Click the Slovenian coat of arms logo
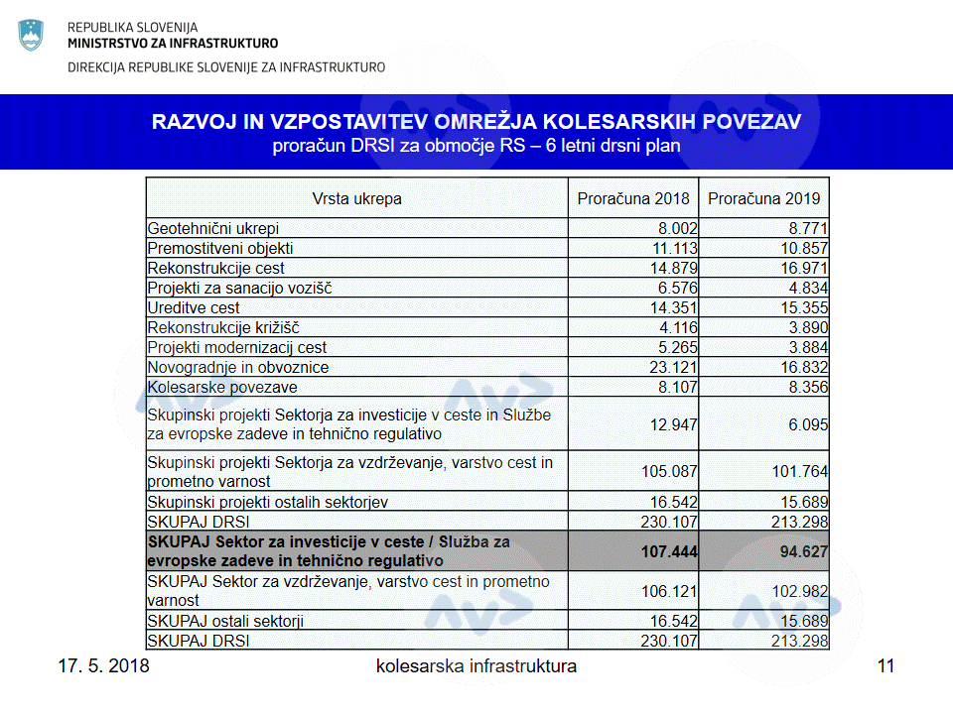32,36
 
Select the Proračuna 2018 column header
633,198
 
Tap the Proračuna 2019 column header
764,198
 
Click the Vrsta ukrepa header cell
357,198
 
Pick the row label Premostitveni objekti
220,248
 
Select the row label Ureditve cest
194,307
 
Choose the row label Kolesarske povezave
222,387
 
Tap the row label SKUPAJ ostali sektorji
225,621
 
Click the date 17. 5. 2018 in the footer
103,665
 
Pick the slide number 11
885,665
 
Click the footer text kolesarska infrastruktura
476,665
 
